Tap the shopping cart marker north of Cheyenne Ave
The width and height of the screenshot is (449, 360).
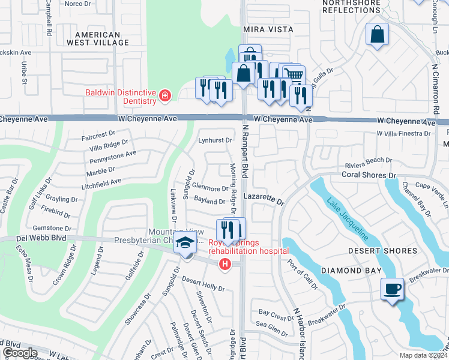pyautogui.click(x=294, y=75)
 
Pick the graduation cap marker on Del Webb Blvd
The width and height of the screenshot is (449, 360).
pyautogui.click(x=185, y=245)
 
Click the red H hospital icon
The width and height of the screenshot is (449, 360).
pyautogui.click(x=225, y=264)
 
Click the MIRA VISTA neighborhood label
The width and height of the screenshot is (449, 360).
pyautogui.click(x=268, y=29)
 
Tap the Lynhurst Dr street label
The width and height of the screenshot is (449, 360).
pyautogui.click(x=215, y=140)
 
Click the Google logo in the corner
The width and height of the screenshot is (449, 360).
pyautogui.click(x=20, y=353)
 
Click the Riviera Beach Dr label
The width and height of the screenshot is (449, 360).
pyautogui.click(x=368, y=161)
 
